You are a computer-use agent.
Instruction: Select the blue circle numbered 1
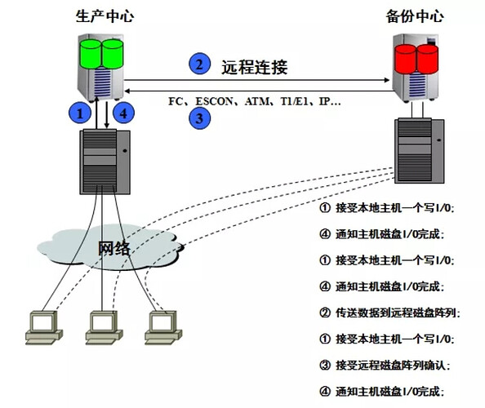pyautogui.click(x=79, y=114)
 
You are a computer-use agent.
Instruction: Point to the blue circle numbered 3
pyautogui.click(x=197, y=118)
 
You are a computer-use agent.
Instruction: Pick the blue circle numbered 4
pyautogui.click(x=122, y=114)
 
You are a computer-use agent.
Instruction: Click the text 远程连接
pyautogui.click(x=254, y=67)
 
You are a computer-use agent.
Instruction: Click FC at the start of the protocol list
pyautogui.click(x=175, y=104)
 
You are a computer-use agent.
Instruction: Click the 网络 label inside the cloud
pyautogui.click(x=114, y=248)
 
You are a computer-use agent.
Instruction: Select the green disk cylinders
pyautogui.click(x=100, y=51)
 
